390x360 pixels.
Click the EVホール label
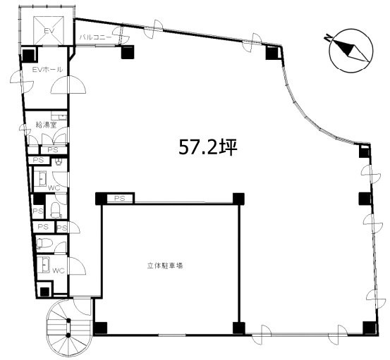coord(47,70)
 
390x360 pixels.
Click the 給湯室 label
coord(46,125)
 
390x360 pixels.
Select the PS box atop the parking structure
coord(119,199)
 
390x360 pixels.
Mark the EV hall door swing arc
coord(73,87)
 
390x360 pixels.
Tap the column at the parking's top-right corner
coord(238,199)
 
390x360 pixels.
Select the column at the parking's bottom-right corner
coord(238,328)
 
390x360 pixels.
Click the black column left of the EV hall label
coord(29,54)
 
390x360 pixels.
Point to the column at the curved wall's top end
coord(272,52)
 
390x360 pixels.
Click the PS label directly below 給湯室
coord(52,149)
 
